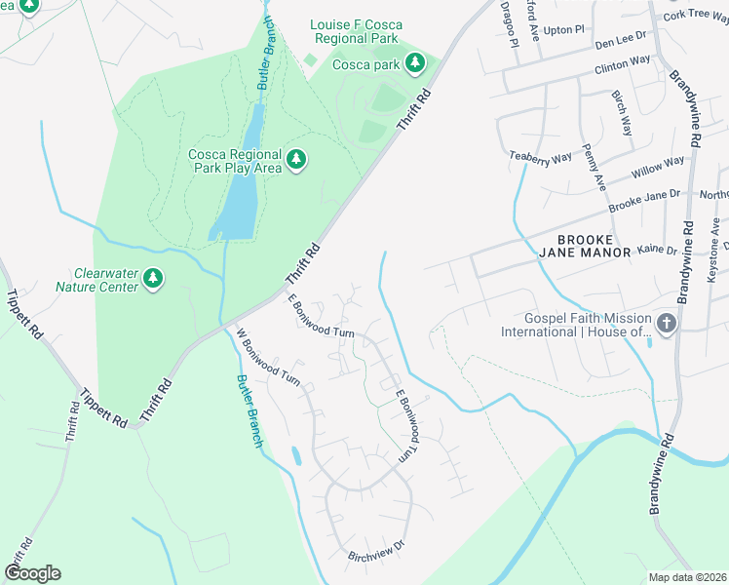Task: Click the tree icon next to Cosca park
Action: [x=416, y=64]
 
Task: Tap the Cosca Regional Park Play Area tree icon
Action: [x=297, y=159]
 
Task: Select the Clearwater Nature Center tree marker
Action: [x=152, y=280]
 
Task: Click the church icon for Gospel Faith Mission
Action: [x=667, y=323]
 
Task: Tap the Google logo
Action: [x=32, y=572]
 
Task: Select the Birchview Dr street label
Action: [x=375, y=557]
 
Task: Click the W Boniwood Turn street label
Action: [x=269, y=358]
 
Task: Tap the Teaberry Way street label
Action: [x=540, y=157]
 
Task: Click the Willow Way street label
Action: [x=658, y=167]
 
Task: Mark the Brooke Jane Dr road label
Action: [x=643, y=202]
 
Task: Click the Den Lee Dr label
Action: [x=621, y=39]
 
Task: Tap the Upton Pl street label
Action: [x=564, y=30]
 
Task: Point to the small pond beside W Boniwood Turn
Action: [x=296, y=455]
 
